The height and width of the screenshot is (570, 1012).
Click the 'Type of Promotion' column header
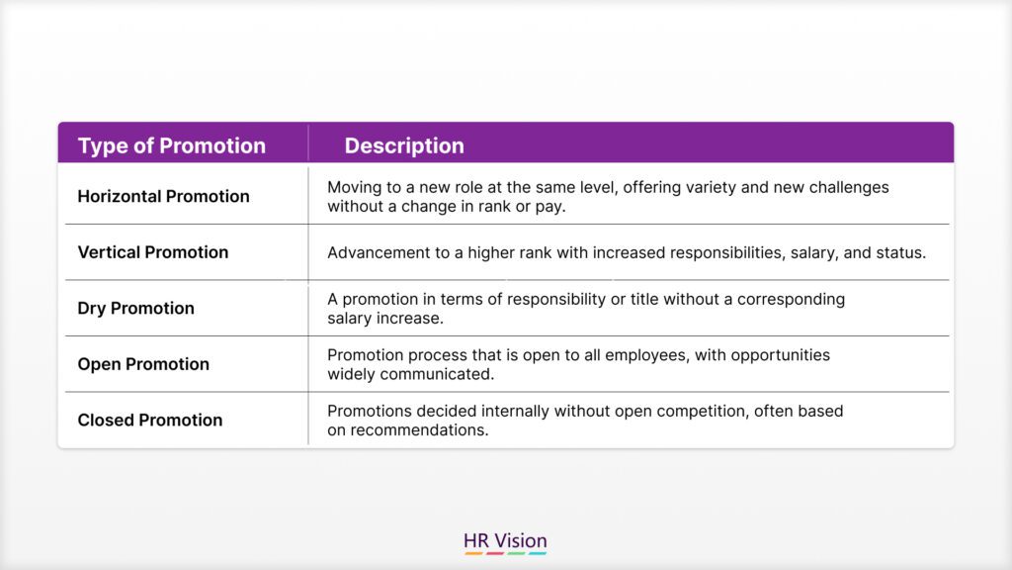pos(172,146)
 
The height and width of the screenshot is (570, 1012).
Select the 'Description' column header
pos(404,146)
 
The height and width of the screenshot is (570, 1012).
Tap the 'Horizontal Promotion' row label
pos(163,197)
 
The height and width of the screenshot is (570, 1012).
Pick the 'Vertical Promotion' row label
pos(153,252)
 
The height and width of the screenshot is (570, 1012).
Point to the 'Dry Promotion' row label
pos(135,309)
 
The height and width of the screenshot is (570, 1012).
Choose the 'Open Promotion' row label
pos(143,364)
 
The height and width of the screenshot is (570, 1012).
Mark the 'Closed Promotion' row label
pos(150,420)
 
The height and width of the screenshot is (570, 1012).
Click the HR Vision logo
pos(505,543)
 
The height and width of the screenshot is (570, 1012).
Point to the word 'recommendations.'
pos(419,430)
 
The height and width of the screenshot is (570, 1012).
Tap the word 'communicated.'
pos(437,374)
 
